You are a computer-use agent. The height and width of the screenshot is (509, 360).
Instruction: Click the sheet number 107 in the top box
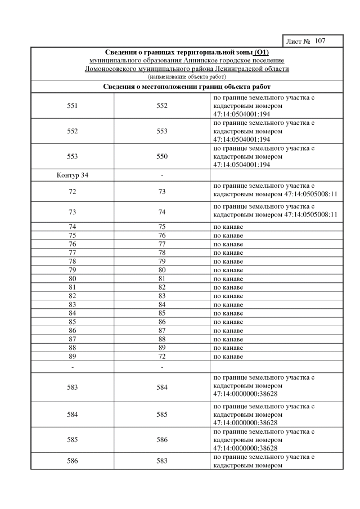320,41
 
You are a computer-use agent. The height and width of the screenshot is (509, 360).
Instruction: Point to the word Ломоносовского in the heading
113,69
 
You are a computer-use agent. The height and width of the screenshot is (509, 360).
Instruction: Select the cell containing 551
72,106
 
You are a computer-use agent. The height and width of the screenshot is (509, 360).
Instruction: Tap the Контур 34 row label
73,175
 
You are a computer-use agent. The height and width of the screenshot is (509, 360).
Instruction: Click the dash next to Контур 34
162,175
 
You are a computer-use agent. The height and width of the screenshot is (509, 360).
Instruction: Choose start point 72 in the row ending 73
72,192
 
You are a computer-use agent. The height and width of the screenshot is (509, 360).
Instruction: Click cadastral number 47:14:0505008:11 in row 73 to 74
305,214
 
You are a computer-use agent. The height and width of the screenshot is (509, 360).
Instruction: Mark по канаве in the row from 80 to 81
228,278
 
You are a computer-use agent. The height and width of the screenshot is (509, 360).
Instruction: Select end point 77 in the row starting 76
162,244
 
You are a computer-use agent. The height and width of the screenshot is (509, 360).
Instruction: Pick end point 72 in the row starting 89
162,357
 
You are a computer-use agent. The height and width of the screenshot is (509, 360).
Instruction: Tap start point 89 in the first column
72,357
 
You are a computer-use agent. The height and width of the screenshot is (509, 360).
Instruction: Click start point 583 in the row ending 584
72,387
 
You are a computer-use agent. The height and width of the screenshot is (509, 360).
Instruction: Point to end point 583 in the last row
162,461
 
